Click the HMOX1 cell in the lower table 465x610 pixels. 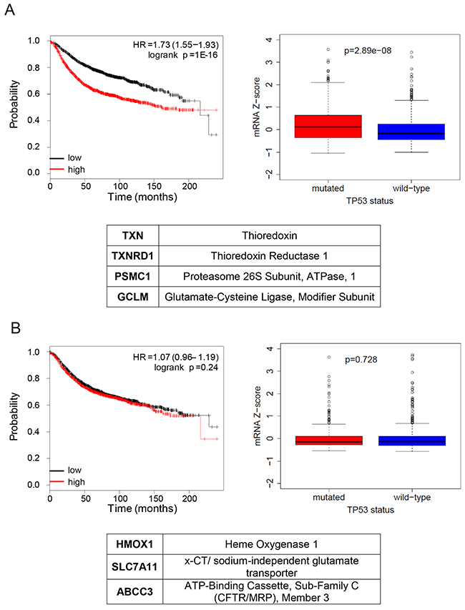point(132,546)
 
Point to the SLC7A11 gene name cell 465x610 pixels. point(132,566)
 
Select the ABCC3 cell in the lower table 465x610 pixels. point(132,591)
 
